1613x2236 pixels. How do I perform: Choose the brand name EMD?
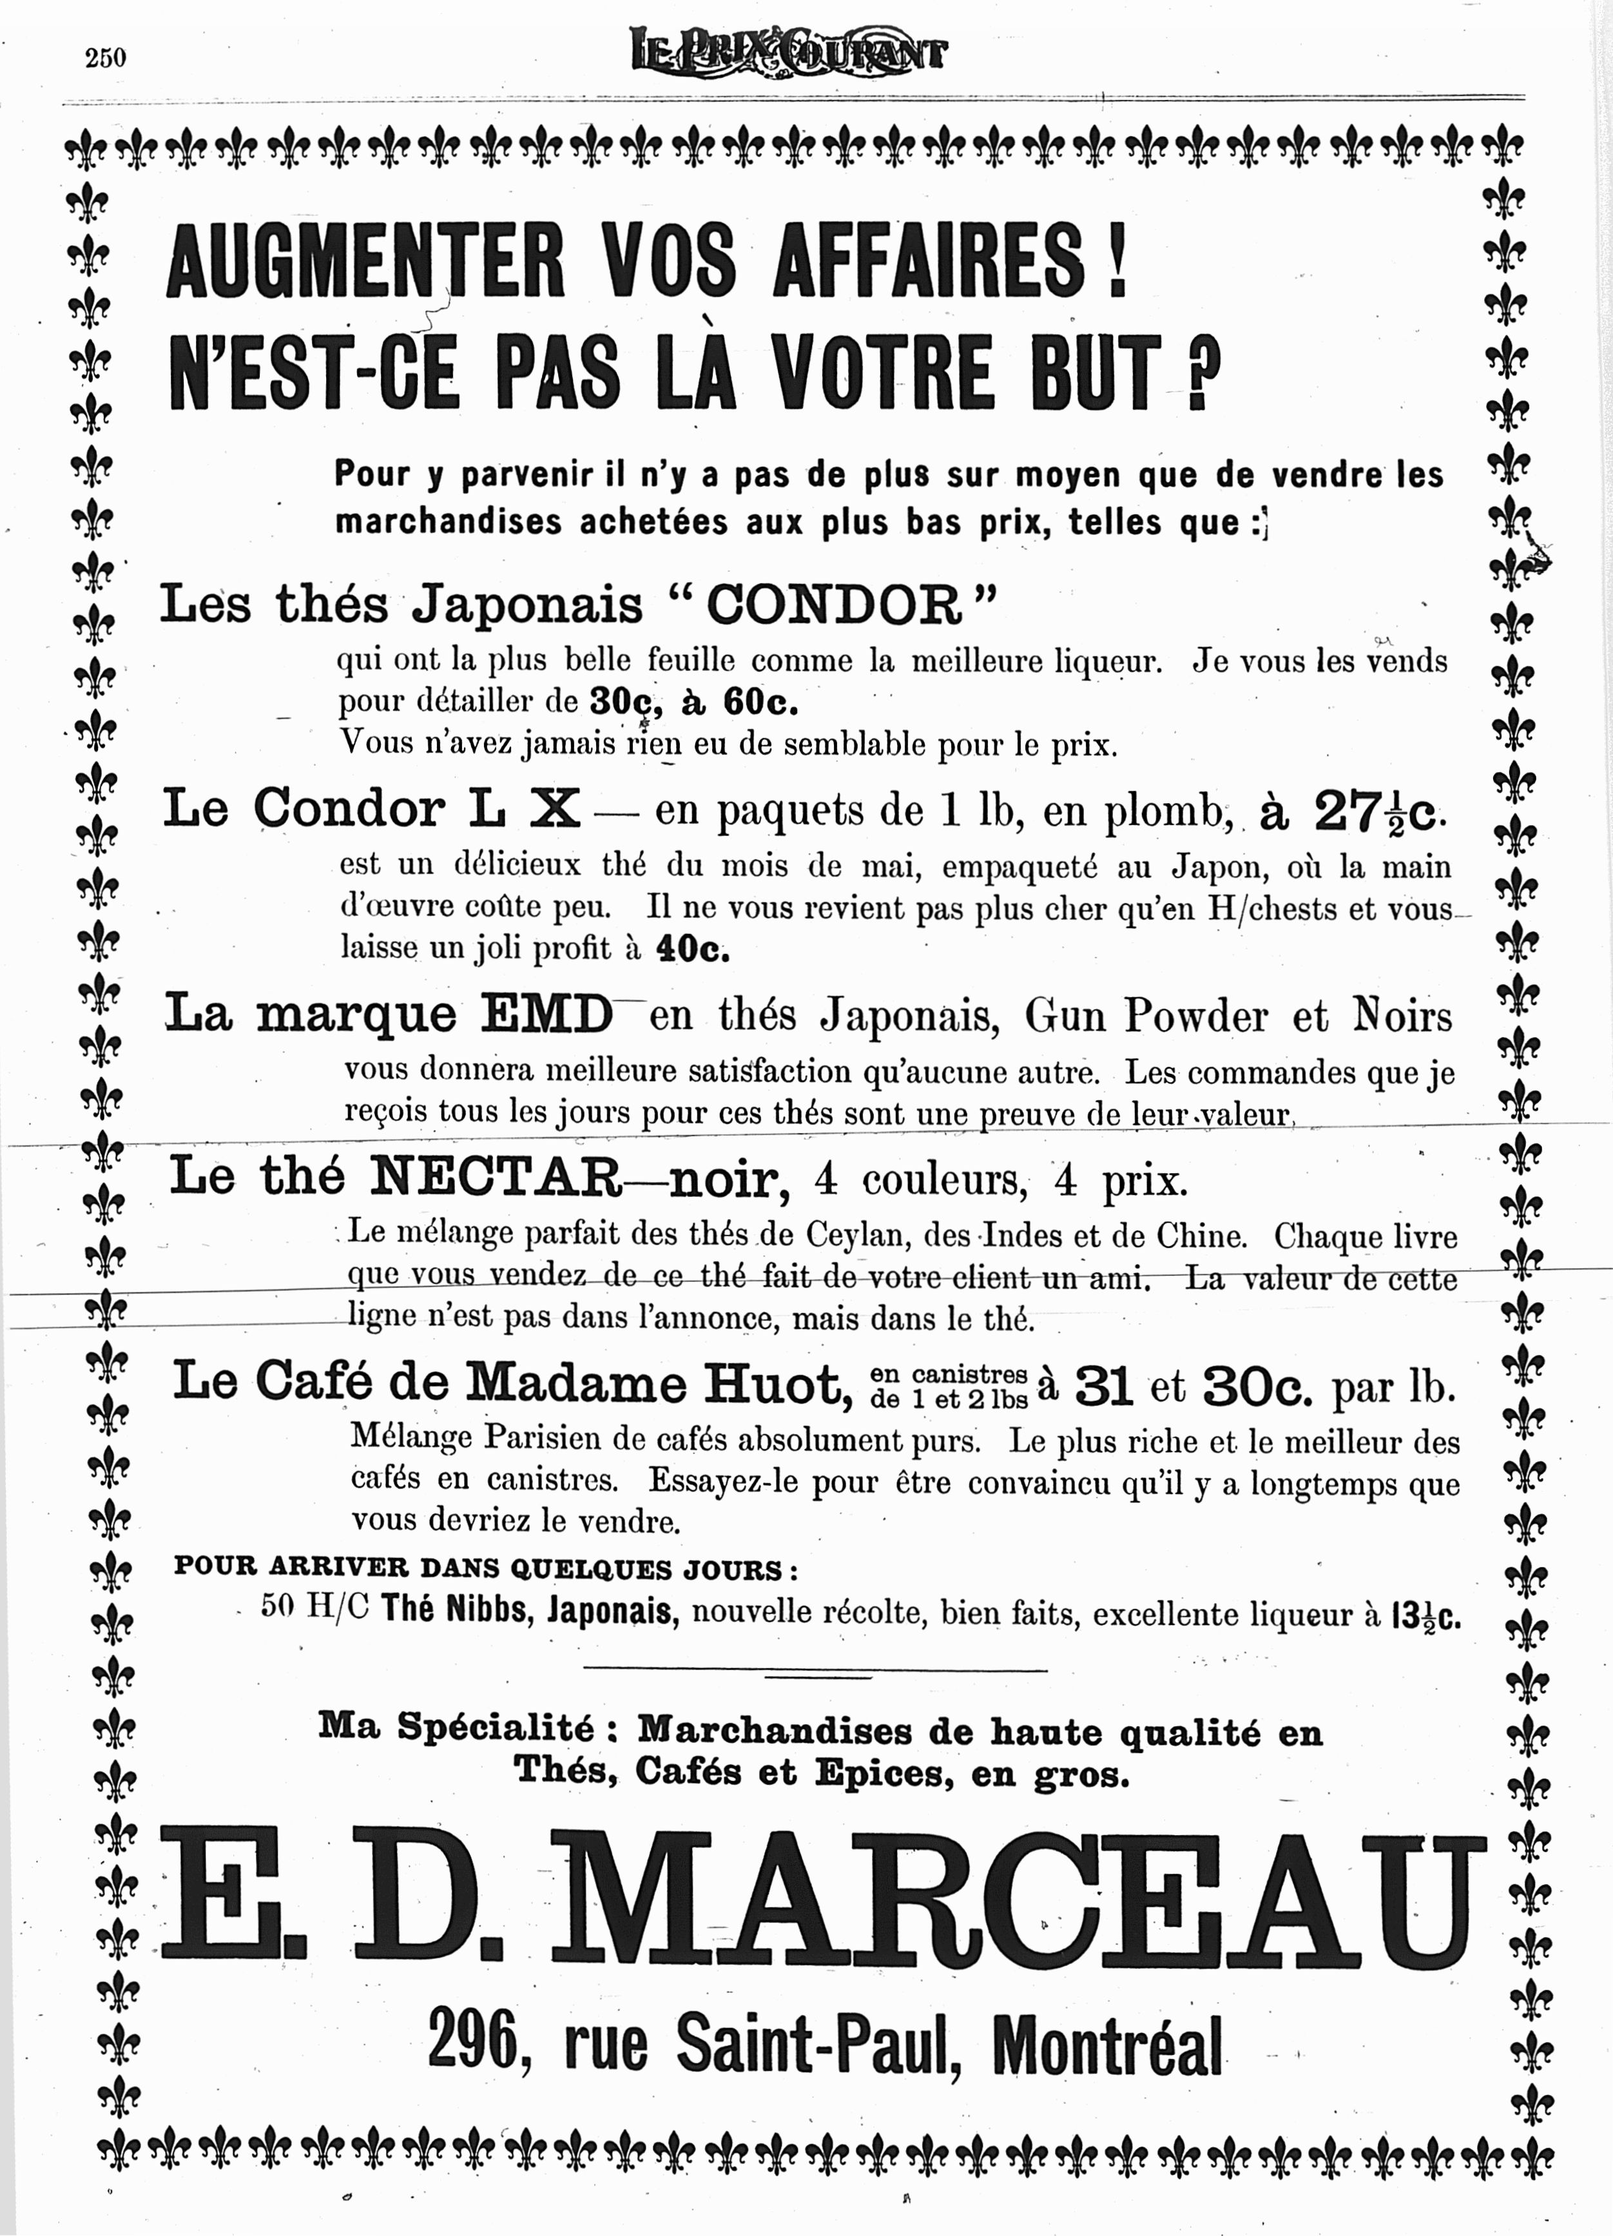[546, 1015]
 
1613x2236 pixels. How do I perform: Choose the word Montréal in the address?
[1106, 2046]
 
